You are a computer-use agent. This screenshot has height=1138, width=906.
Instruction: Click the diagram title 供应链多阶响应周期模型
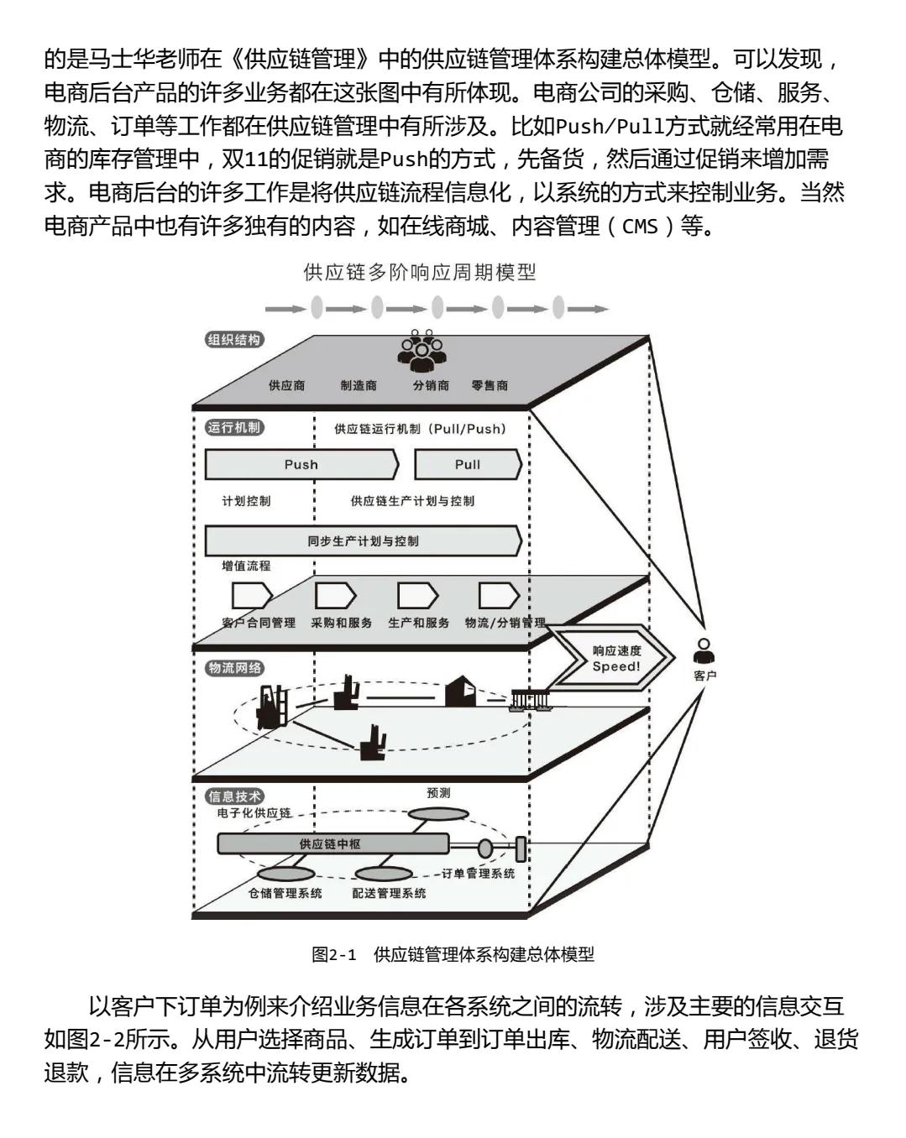click(x=419, y=273)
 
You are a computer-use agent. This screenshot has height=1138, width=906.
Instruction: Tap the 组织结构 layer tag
click(x=234, y=340)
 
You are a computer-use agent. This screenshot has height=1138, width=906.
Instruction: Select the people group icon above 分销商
click(x=422, y=350)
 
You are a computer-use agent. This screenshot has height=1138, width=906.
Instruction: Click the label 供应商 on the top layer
click(x=286, y=385)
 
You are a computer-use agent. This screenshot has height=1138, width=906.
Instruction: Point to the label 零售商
click(x=490, y=385)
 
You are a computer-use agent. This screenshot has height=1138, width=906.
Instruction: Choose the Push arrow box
click(x=301, y=464)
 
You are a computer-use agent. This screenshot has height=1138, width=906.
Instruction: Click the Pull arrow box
click(x=468, y=464)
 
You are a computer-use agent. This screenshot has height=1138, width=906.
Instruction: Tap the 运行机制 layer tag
click(x=234, y=427)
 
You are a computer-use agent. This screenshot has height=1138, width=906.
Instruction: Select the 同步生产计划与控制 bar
click(x=363, y=540)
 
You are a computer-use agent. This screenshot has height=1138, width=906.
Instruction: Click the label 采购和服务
click(x=341, y=623)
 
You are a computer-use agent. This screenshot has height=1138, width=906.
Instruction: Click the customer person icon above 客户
click(x=704, y=650)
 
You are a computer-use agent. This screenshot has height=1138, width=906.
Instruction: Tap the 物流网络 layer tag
click(x=234, y=668)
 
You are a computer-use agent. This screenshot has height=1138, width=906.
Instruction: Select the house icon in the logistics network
click(x=460, y=691)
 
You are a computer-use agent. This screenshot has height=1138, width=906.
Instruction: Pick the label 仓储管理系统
click(x=285, y=893)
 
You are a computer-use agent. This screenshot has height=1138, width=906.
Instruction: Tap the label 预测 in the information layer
click(x=438, y=792)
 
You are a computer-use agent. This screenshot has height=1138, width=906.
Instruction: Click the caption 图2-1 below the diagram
click(x=333, y=954)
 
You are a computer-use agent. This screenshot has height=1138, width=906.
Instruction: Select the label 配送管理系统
click(x=389, y=893)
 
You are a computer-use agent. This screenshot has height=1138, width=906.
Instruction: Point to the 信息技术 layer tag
click(x=234, y=796)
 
